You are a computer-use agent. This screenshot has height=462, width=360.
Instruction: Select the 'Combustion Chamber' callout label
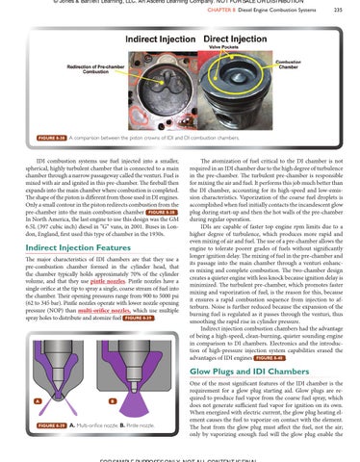click(x=318, y=62)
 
